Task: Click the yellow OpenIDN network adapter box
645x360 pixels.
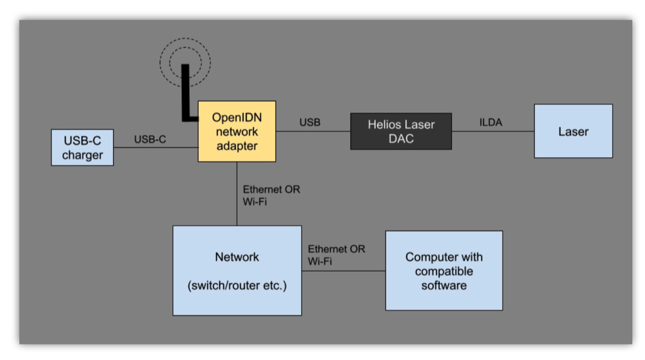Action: (x=236, y=131)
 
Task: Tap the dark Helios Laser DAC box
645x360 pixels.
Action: (x=401, y=131)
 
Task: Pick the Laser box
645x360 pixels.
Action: (x=573, y=131)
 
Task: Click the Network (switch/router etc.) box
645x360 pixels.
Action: (x=236, y=270)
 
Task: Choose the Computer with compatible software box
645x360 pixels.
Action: (x=444, y=271)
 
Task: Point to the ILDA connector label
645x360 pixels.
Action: (x=490, y=123)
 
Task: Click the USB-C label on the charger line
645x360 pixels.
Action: (x=150, y=140)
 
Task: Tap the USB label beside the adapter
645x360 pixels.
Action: (x=310, y=123)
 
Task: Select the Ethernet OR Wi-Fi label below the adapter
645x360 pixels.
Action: (x=271, y=196)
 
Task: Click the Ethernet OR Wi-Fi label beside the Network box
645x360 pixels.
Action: (x=336, y=255)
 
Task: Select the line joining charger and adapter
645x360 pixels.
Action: (x=156, y=147)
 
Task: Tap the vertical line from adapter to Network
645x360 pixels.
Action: (x=236, y=193)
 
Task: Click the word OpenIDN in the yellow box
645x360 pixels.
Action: (x=236, y=117)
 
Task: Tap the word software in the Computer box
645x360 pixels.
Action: (x=444, y=285)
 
